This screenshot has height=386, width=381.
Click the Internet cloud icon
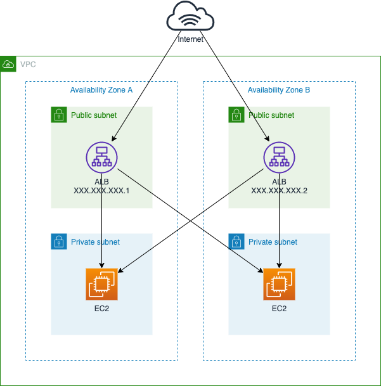[190, 18]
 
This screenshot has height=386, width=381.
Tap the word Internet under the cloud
[190, 39]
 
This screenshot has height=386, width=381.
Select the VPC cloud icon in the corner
[8, 64]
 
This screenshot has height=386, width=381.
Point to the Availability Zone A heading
[101, 90]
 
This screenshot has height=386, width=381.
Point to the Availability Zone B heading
[279, 90]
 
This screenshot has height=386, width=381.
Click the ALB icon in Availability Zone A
[101, 157]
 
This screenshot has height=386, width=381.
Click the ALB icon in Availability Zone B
[279, 157]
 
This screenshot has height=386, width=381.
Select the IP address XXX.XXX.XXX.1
[101, 190]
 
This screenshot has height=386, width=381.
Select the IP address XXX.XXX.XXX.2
[279, 190]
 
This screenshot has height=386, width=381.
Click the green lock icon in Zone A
[59, 115]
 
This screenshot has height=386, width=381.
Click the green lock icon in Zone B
[236, 115]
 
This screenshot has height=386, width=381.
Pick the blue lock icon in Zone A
[59, 241]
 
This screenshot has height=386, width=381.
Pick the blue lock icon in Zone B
[236, 241]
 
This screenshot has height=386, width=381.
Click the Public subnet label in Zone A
[94, 115]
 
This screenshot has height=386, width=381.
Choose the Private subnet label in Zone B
[273, 242]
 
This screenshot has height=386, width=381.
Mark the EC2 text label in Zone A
[101, 309]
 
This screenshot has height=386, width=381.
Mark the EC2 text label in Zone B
[279, 309]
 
